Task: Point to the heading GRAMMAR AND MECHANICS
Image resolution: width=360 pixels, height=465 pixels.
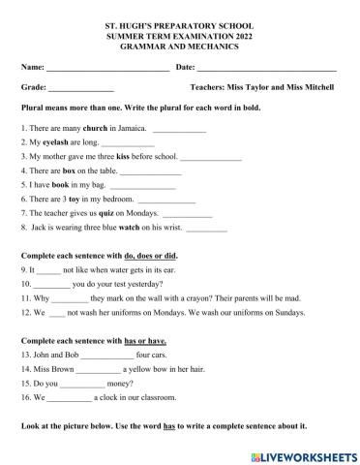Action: [179, 39]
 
